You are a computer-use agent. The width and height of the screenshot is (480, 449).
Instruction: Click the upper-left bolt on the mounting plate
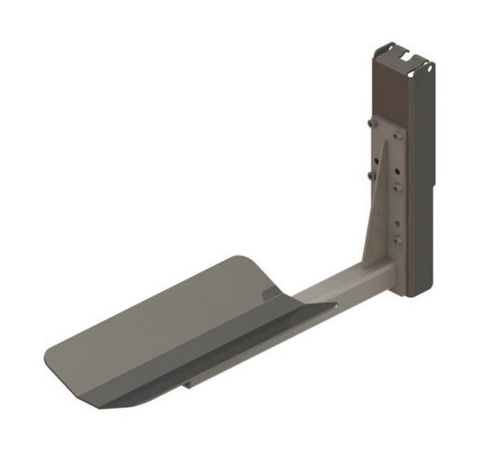(369, 123)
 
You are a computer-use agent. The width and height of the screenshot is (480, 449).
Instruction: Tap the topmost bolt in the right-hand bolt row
(397, 136)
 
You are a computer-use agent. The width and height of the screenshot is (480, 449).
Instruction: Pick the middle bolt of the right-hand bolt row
(397, 188)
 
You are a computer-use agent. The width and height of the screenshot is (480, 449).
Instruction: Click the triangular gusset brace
(376, 213)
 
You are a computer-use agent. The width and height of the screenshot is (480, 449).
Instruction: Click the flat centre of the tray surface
(174, 324)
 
